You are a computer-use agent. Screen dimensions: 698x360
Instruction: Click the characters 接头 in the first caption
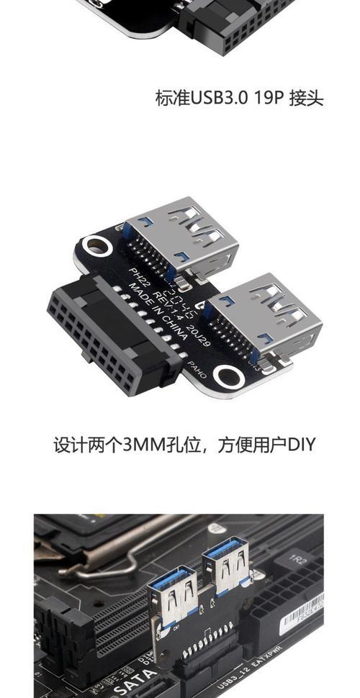tap(306, 98)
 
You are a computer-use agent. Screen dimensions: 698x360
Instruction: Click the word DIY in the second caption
tap(301, 444)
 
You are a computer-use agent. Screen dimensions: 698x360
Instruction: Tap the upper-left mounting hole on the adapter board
tap(94, 247)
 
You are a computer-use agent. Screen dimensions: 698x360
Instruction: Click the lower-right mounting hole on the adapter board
tap(229, 375)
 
